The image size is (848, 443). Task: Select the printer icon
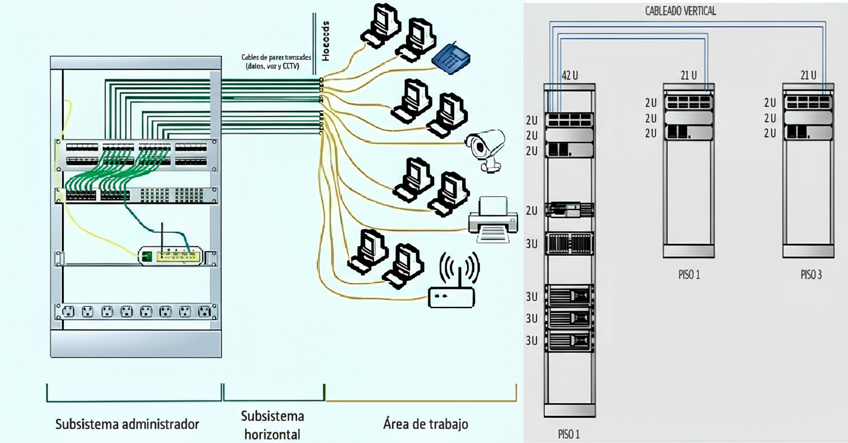493,220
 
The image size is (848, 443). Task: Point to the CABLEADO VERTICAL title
681,11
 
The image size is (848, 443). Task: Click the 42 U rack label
570,75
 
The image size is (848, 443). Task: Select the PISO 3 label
811,275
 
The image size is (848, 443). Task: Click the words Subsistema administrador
127,424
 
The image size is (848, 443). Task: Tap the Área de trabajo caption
425,424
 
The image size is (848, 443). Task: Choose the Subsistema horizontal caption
273,424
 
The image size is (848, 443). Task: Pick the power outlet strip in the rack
136,311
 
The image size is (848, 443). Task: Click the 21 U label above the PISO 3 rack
808,75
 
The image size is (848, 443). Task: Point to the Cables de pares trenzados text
276,61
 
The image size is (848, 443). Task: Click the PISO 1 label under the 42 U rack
569,434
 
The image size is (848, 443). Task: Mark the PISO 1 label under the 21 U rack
688,275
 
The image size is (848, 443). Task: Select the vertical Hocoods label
326,44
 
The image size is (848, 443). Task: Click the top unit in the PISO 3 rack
808,102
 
